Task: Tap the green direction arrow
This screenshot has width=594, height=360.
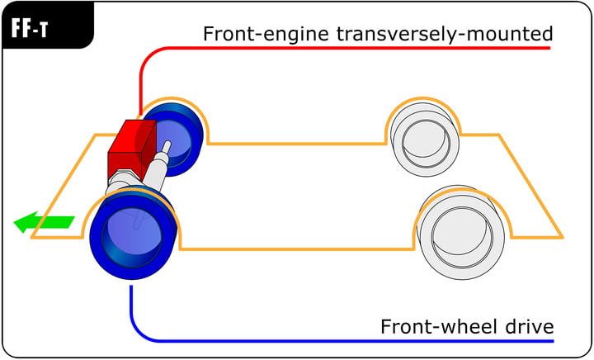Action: point(43,221)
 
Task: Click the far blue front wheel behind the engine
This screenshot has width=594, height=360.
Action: point(174,136)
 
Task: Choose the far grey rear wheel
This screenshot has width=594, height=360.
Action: point(423,137)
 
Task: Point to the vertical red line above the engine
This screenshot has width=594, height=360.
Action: point(142,83)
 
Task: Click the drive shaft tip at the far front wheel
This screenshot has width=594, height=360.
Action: point(167,147)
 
